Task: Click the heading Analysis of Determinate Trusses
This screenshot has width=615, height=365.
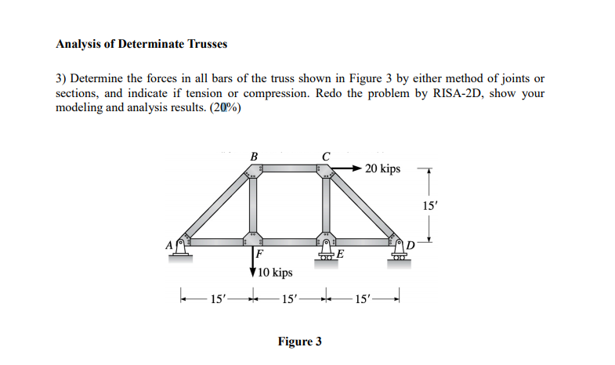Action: [141, 44]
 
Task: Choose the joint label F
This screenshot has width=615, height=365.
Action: [259, 255]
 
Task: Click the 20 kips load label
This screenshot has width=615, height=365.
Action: [382, 169]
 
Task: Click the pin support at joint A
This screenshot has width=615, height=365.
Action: [182, 248]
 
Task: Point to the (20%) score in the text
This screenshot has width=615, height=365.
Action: [226, 107]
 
